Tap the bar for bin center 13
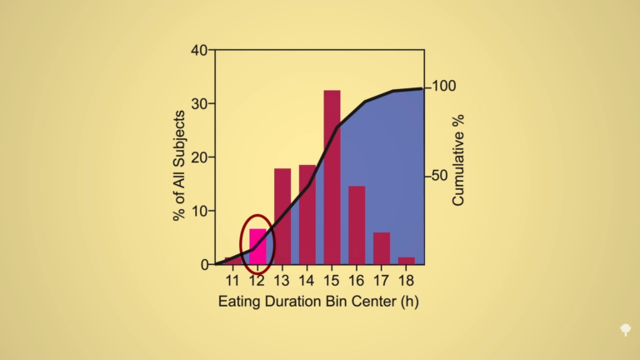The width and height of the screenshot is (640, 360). click(x=282, y=217)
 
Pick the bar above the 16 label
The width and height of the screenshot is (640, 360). click(x=357, y=225)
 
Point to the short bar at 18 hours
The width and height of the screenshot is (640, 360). click(x=407, y=261)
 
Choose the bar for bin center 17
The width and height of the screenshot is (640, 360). click(x=382, y=248)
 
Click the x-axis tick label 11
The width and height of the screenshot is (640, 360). click(x=232, y=280)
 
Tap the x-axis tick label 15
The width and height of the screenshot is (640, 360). click(x=332, y=280)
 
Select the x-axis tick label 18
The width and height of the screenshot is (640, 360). click(x=407, y=280)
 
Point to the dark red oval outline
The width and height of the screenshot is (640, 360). click(x=242, y=244)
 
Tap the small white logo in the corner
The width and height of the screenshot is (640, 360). click(x=624, y=330)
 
